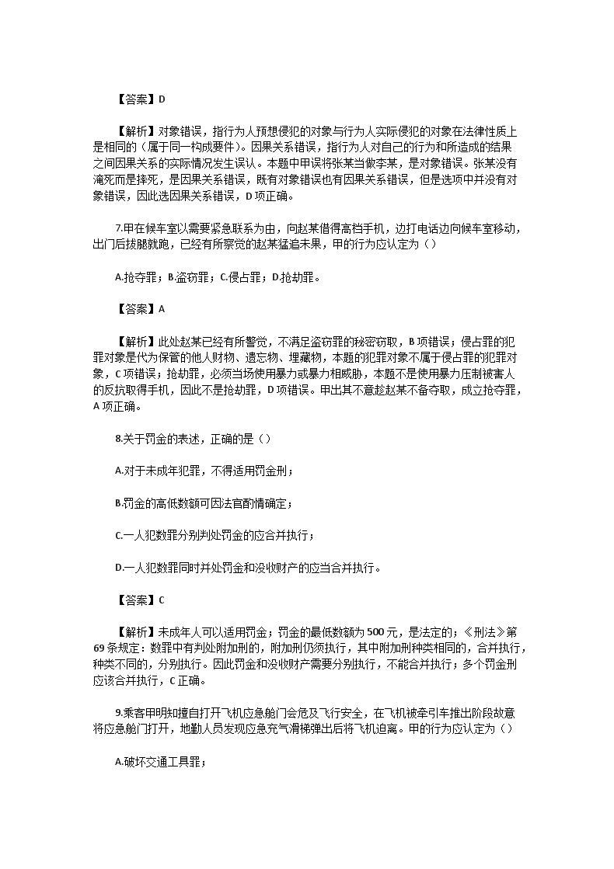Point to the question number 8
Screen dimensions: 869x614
[117, 438]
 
